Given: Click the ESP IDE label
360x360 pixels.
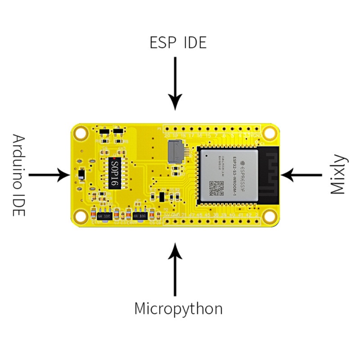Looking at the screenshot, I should (178, 42).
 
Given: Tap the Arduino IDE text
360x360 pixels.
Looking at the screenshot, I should (18, 175).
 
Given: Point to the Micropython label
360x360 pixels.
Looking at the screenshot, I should (178, 309).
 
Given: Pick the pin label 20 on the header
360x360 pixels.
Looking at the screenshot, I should (167, 135).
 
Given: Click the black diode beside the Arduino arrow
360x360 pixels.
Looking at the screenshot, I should (81, 174).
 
